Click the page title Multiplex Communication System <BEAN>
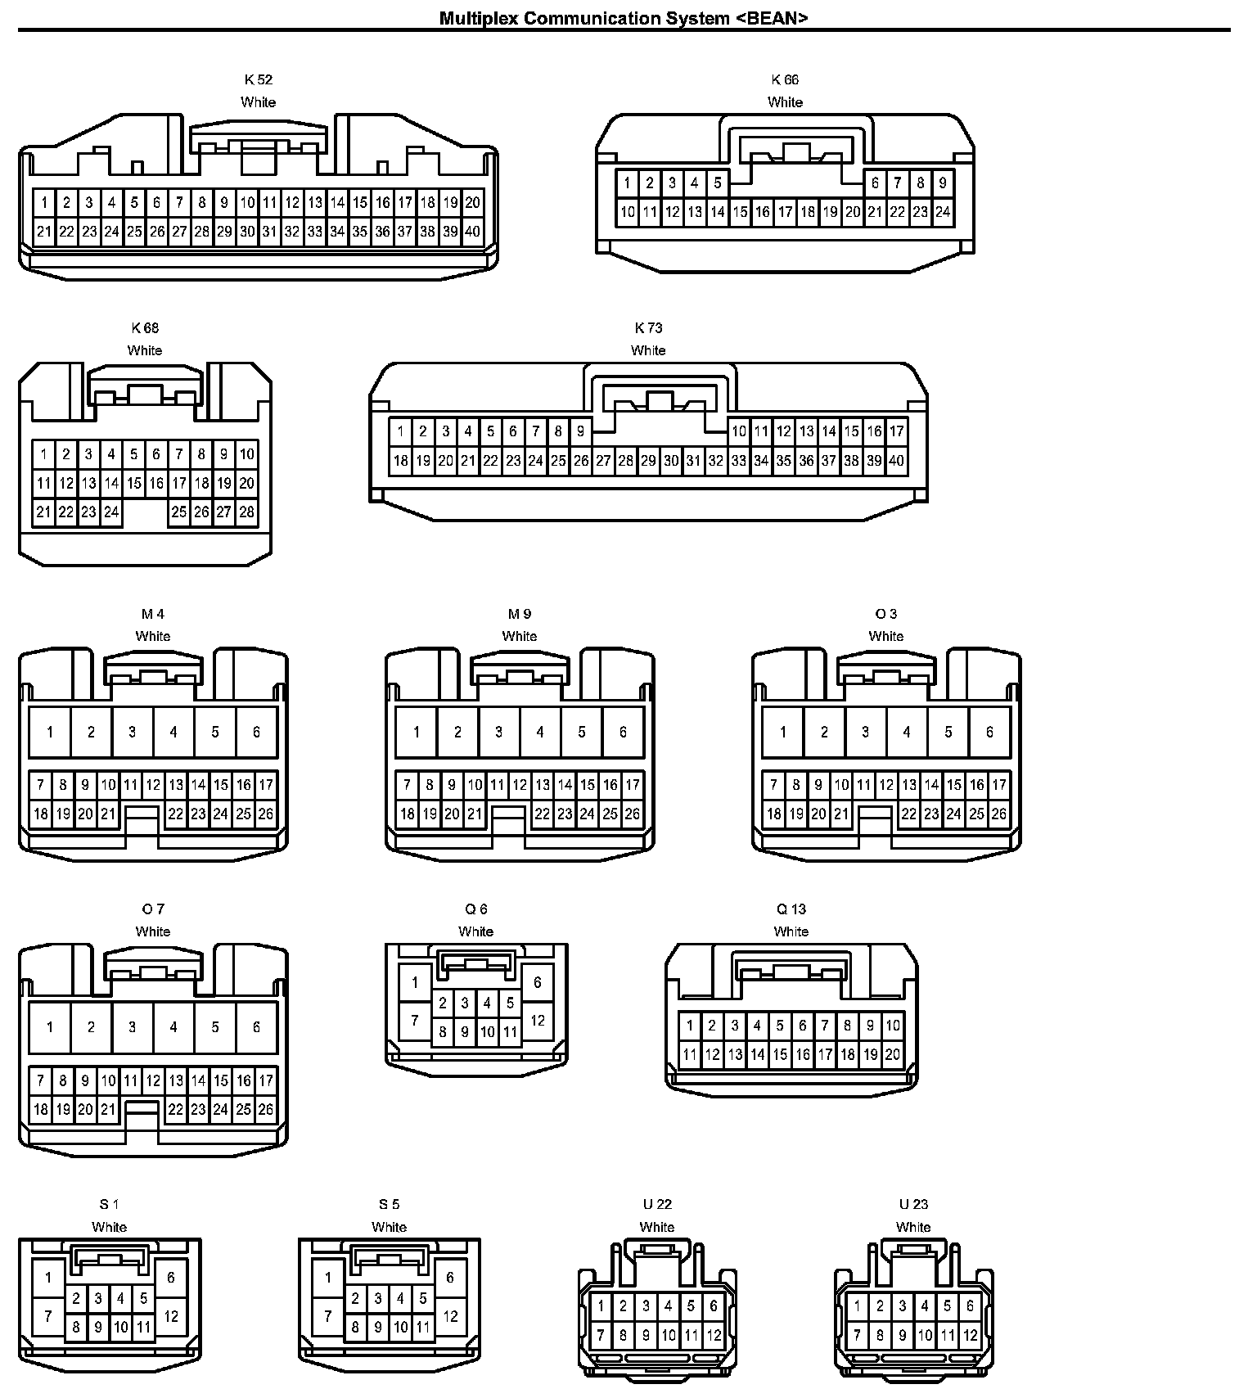coord(624,18)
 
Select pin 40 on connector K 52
coord(472,232)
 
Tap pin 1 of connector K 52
coord(44,203)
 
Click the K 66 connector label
coord(785,79)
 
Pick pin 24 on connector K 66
coord(942,212)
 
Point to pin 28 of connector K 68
coord(246,512)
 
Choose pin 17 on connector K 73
coord(896,431)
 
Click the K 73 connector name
coord(648,327)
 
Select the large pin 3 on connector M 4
coord(133,732)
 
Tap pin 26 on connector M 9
coord(632,814)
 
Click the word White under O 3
coord(885,636)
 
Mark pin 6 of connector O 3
coord(989,732)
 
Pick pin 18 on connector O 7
coord(41,1110)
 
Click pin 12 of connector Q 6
coord(537,1021)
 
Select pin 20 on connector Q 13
coord(892,1055)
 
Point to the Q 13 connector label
coord(791,909)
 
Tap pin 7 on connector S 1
coord(49,1316)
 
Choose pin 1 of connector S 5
coord(328,1277)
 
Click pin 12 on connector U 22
coord(714,1336)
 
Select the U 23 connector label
coord(913,1204)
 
